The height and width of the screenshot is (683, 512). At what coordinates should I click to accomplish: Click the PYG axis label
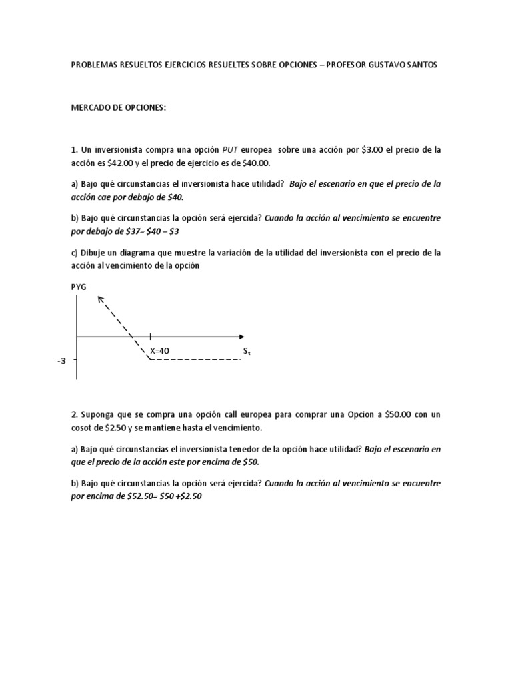pos(79,287)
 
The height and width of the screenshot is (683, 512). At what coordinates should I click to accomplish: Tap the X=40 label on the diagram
pos(160,349)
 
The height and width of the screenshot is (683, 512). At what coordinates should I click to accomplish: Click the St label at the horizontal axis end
pos(247,350)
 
